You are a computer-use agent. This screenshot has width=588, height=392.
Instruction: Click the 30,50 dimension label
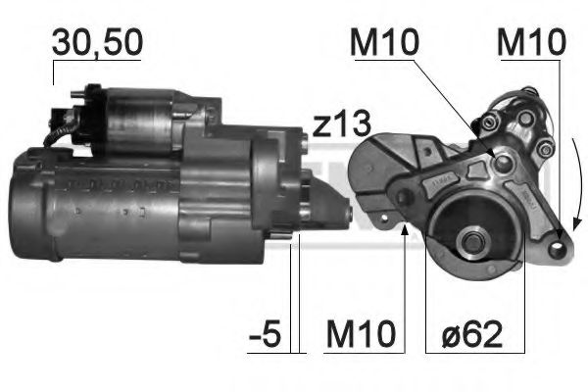(97, 42)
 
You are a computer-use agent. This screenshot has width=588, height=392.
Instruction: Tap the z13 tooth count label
(341, 124)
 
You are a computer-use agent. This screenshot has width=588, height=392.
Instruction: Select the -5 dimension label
(265, 333)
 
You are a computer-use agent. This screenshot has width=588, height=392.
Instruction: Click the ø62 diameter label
(471, 333)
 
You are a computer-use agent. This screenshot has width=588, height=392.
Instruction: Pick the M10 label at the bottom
(361, 333)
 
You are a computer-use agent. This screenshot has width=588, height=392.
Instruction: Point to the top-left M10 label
(384, 42)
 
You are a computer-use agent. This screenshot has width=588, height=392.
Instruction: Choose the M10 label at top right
(531, 42)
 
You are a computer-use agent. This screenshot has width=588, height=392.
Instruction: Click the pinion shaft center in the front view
(472, 242)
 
